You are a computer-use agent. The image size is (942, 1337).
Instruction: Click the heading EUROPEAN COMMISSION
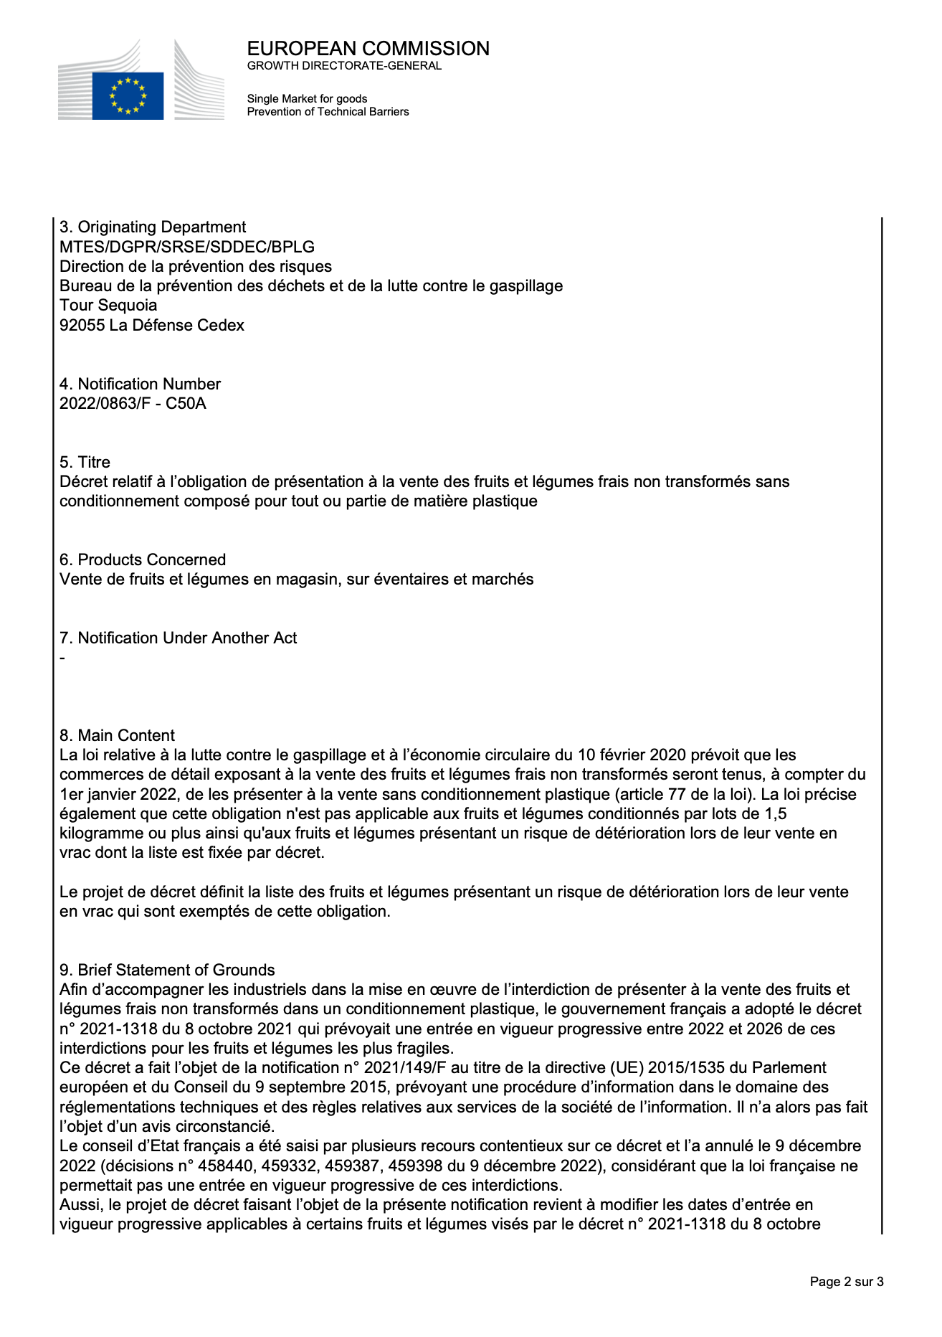[x=368, y=49]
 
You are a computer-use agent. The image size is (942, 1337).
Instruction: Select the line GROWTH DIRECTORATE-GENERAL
[x=344, y=66]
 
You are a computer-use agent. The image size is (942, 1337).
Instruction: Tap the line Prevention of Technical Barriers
[x=328, y=112]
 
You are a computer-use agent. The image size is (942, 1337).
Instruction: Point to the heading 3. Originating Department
[x=153, y=227]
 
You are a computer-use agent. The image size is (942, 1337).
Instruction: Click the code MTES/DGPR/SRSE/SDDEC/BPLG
[x=187, y=247]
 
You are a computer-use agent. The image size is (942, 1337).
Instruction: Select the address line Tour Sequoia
[x=108, y=306]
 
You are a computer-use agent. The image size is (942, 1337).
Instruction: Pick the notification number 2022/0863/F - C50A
[x=133, y=404]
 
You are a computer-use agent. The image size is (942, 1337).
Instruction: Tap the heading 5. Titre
[x=85, y=463]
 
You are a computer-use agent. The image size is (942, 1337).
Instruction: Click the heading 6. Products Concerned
[x=143, y=560]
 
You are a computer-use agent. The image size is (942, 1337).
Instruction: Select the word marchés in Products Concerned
[x=507, y=580]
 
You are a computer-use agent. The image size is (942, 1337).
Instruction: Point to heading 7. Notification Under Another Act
[x=178, y=638]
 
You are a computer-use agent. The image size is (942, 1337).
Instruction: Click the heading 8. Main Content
[x=117, y=736]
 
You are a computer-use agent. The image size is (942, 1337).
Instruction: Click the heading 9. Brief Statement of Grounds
[x=167, y=970]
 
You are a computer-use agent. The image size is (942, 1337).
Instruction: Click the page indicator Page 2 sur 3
[x=846, y=1282]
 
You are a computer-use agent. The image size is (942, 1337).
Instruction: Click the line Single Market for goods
[x=307, y=99]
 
